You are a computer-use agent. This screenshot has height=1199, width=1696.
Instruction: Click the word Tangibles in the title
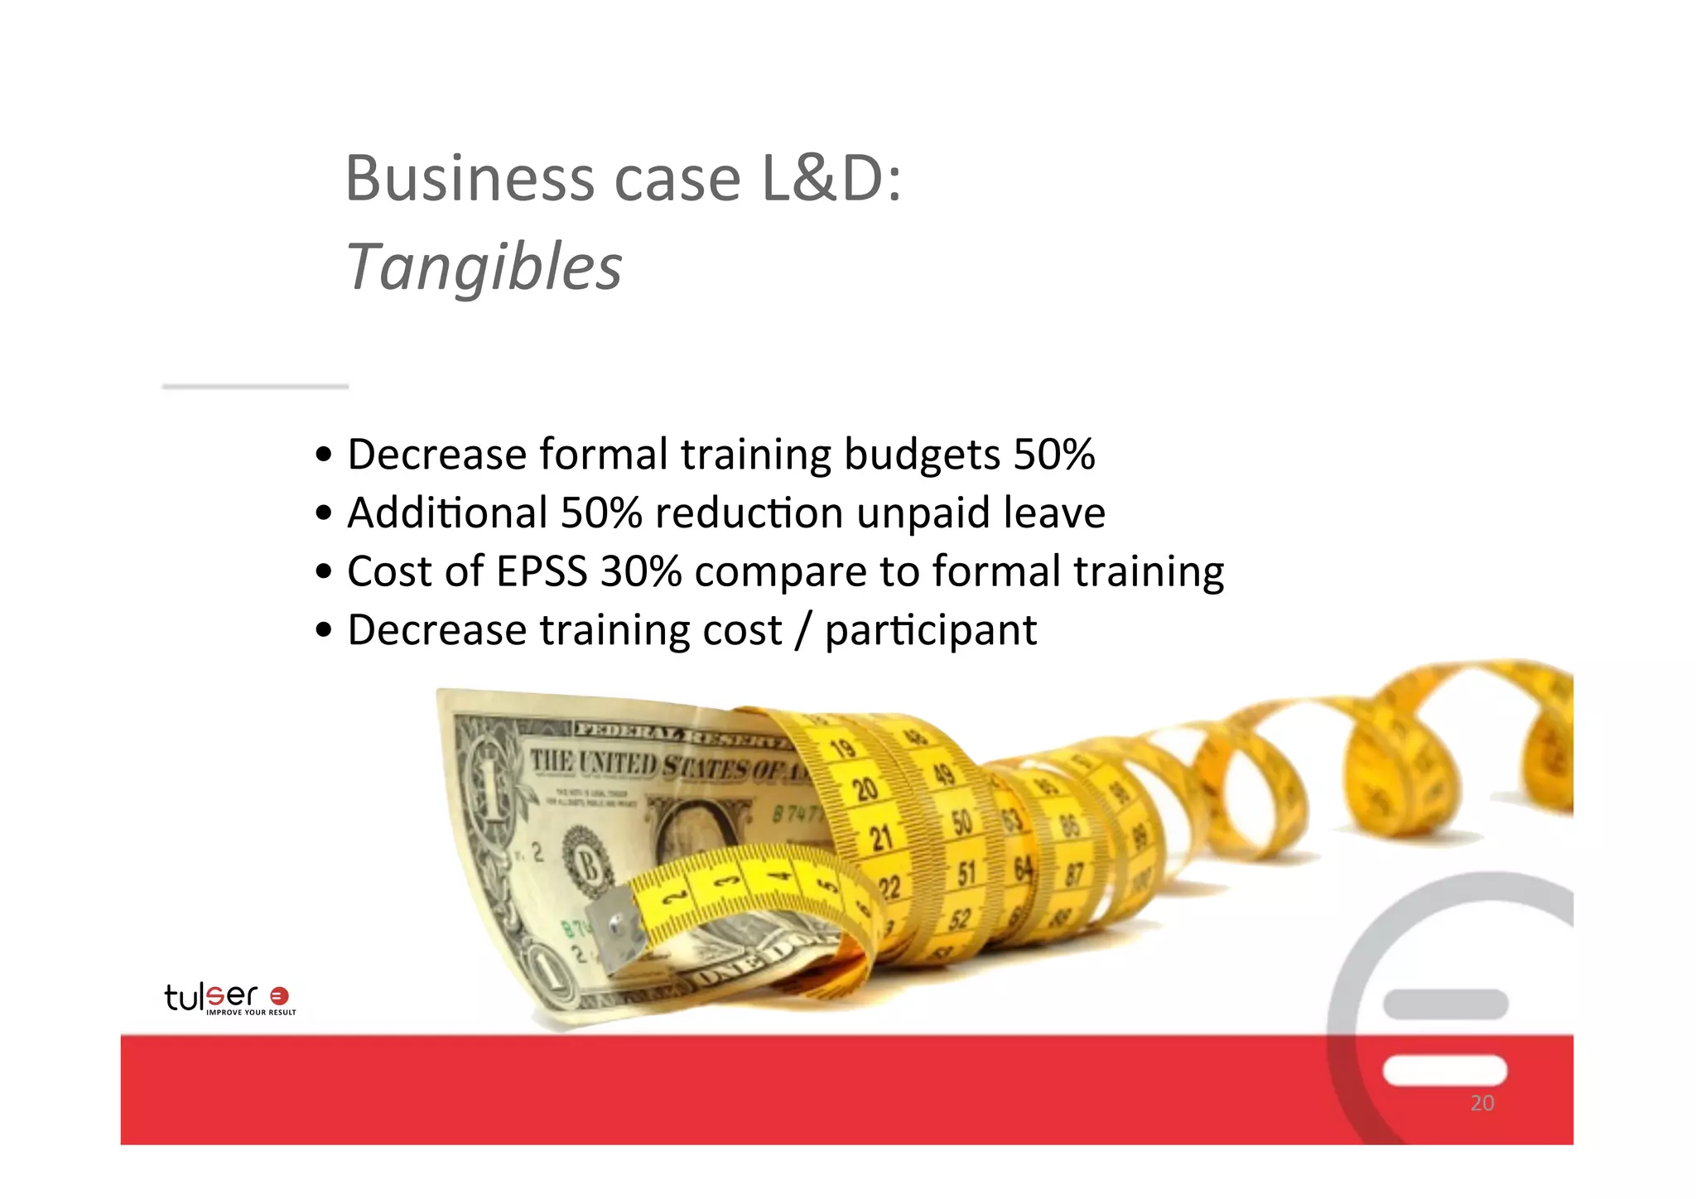coord(484,267)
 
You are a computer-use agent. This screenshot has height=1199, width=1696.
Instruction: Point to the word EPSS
coord(542,571)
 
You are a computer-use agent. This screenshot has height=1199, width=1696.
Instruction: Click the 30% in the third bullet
coord(641,571)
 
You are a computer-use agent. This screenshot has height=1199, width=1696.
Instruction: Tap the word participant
coord(931,631)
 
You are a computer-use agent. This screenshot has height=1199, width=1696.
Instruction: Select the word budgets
coord(922,455)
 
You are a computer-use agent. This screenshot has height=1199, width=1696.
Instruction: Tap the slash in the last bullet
coord(802,631)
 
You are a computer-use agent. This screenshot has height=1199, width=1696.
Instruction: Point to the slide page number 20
coord(1482,1103)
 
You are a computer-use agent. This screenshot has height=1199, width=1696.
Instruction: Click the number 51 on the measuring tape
coord(966,873)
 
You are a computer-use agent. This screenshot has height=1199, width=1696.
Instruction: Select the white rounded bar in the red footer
coord(1444,1070)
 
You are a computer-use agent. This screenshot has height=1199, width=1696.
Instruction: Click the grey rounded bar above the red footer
coord(1444,1004)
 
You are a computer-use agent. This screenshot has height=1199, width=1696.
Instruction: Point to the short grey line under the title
coord(255,386)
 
